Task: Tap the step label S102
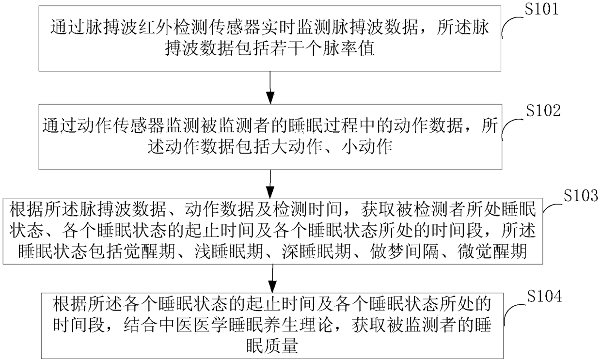coord(543,110)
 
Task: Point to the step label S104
coord(544,296)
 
